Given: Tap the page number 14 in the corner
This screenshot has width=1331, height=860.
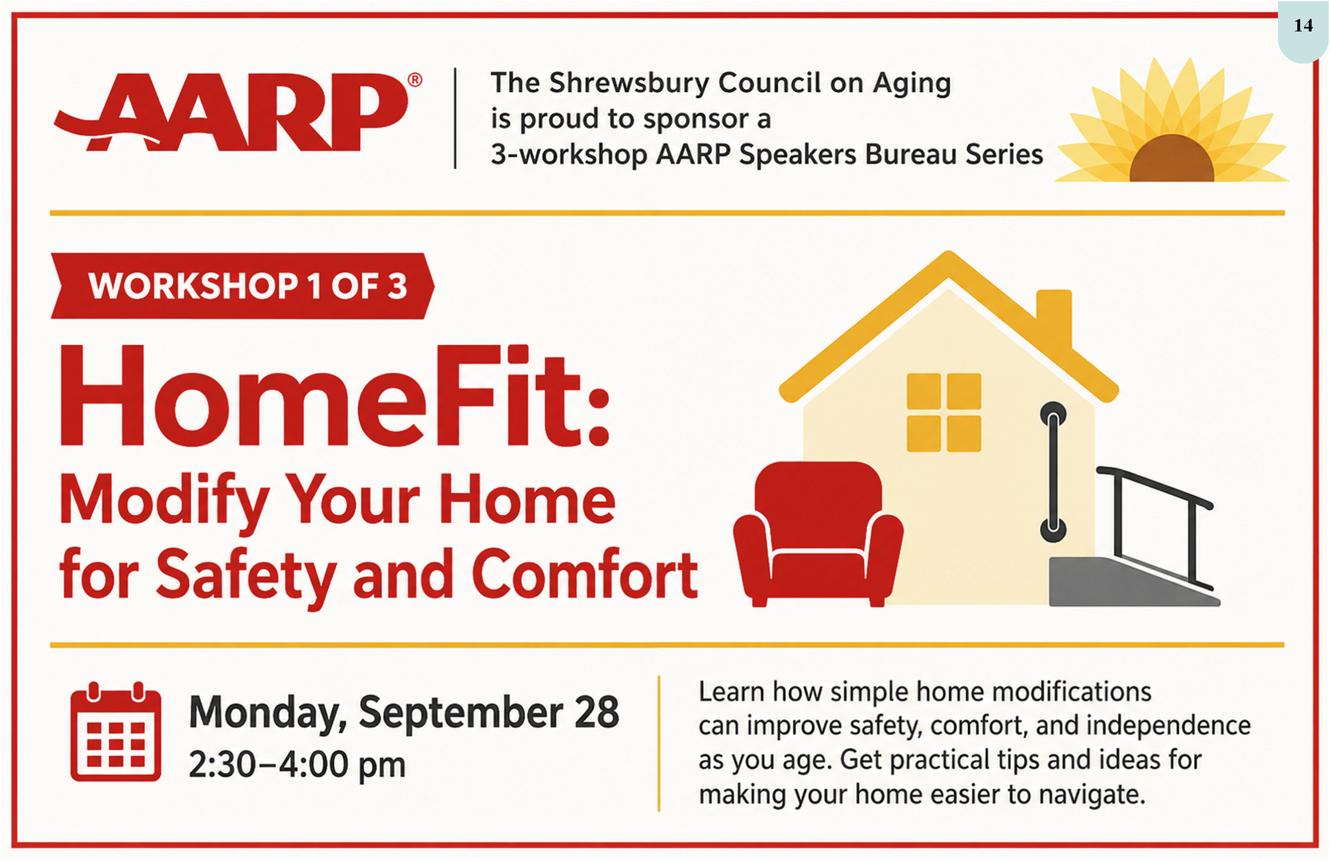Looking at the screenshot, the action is (1303, 25).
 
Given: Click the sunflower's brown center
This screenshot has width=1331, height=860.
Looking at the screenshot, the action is (1171, 159).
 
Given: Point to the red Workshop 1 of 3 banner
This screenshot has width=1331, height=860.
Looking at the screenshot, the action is (242, 286).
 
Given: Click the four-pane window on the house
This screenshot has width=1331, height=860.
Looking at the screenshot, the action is (944, 412).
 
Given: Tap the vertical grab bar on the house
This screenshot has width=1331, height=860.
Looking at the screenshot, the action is (1054, 472).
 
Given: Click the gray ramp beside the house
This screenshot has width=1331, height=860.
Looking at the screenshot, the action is (1133, 581).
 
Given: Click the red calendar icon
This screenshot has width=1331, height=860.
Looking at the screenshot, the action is (116, 732).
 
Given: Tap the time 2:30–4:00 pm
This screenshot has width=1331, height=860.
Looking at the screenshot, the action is (297, 765).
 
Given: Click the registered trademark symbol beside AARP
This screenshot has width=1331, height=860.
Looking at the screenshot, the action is (414, 80).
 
